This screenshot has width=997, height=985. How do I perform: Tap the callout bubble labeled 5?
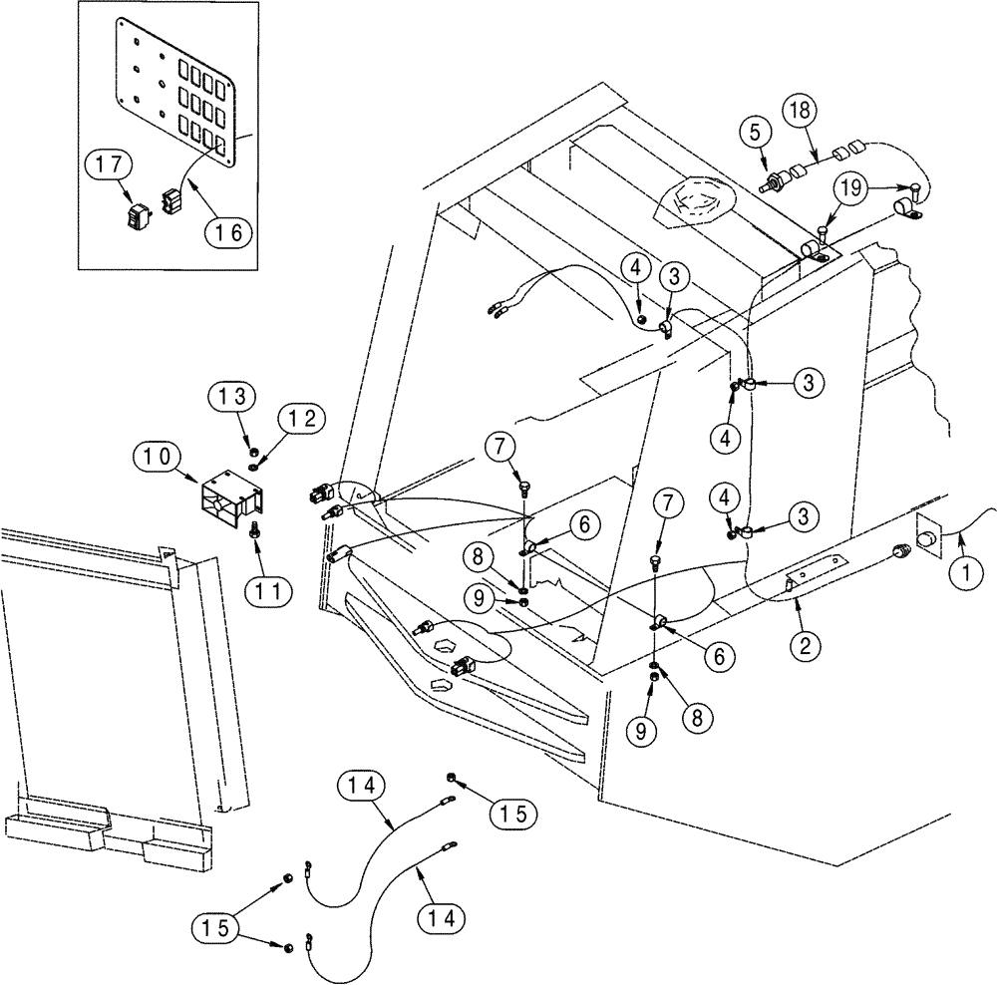point(754,132)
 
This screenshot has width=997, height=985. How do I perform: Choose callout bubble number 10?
point(156,459)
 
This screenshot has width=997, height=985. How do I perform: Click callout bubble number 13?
point(231,395)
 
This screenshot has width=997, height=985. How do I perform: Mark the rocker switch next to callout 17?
point(138,214)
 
